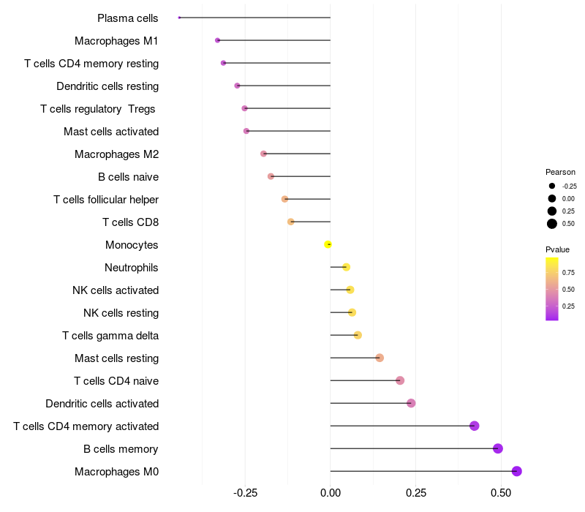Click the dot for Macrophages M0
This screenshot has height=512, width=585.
516,471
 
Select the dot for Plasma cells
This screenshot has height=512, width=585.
179,18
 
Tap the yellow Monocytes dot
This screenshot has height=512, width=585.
328,244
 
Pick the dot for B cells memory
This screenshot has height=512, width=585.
498,448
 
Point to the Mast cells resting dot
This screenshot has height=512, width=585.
380,358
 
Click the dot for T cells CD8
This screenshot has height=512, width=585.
290,222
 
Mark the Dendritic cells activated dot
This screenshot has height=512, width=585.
411,403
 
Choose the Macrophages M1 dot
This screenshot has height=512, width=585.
217,40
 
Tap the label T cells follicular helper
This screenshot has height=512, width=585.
106,200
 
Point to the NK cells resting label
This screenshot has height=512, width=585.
121,313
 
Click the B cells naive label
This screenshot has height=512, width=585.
128,177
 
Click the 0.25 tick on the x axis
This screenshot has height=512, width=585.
415,494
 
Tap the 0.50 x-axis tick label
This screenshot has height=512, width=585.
500,494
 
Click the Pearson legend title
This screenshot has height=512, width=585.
560,172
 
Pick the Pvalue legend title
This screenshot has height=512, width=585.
557,249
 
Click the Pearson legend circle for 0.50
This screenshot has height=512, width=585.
552,224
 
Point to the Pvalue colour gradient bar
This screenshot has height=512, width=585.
552,288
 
